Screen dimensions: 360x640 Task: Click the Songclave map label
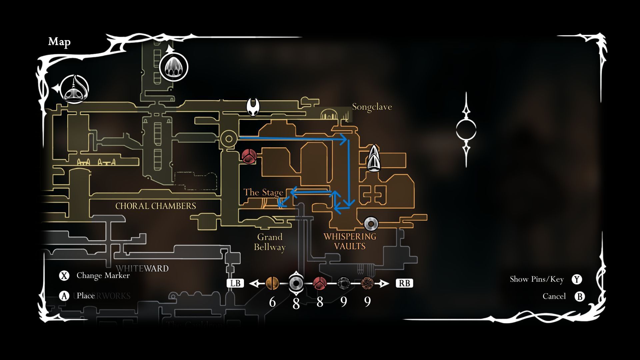coord(372,107)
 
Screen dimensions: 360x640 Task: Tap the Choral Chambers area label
coord(156,206)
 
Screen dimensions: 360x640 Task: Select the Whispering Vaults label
coord(350,241)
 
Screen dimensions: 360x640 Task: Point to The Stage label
coord(263,192)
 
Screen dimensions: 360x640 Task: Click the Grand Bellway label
coord(270,242)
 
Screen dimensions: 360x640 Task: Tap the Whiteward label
coord(142,268)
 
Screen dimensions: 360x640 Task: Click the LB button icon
coord(235,283)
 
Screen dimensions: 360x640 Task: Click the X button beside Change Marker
coord(64,276)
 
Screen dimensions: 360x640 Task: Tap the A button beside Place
coord(64,296)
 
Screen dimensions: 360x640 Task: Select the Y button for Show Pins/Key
coord(577,279)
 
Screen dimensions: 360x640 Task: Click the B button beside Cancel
coord(580,296)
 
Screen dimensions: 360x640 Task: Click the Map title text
coord(59,42)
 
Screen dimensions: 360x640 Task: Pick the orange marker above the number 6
coord(272,283)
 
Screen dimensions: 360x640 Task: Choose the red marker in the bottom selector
coord(320,283)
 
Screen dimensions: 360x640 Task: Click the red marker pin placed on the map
coord(249,156)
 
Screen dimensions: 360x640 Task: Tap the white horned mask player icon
coord(253,107)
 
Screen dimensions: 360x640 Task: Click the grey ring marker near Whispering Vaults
coord(371,224)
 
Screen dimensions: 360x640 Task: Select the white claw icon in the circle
coord(174,67)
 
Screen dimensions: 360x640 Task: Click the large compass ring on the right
coord(466,130)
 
